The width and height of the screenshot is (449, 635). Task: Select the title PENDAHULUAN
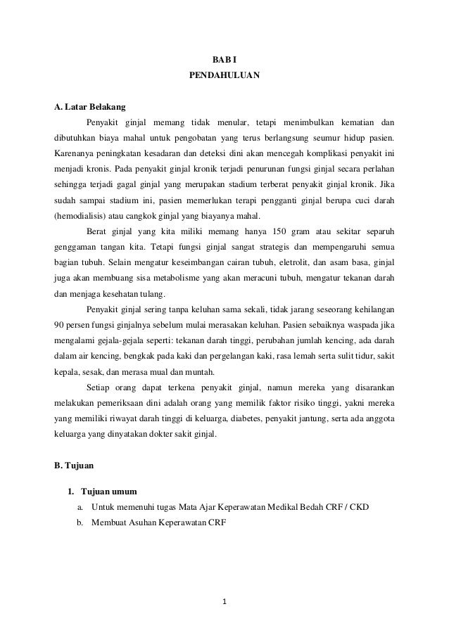click(224, 74)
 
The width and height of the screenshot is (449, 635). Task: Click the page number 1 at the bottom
click(224, 601)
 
